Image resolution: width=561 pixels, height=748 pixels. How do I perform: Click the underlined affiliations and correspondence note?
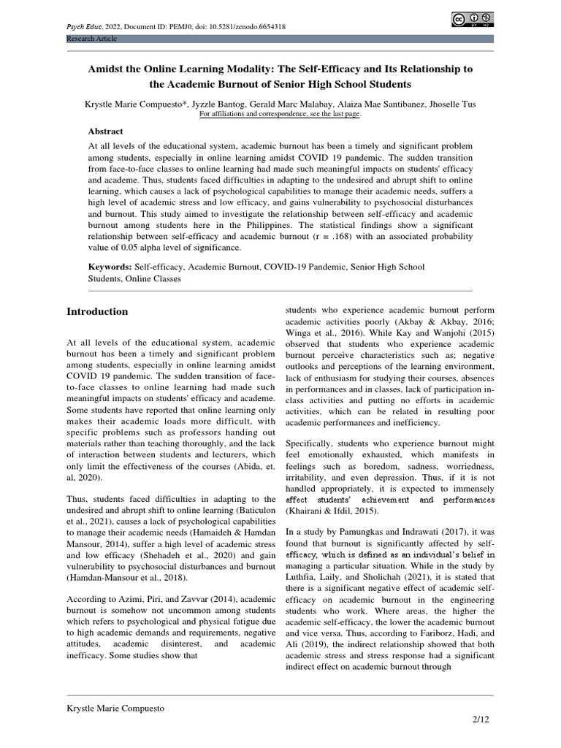(280, 115)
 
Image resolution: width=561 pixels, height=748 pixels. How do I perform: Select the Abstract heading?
(106, 131)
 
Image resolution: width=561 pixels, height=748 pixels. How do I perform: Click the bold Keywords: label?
(110, 268)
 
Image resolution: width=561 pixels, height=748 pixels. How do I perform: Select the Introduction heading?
(97, 311)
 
